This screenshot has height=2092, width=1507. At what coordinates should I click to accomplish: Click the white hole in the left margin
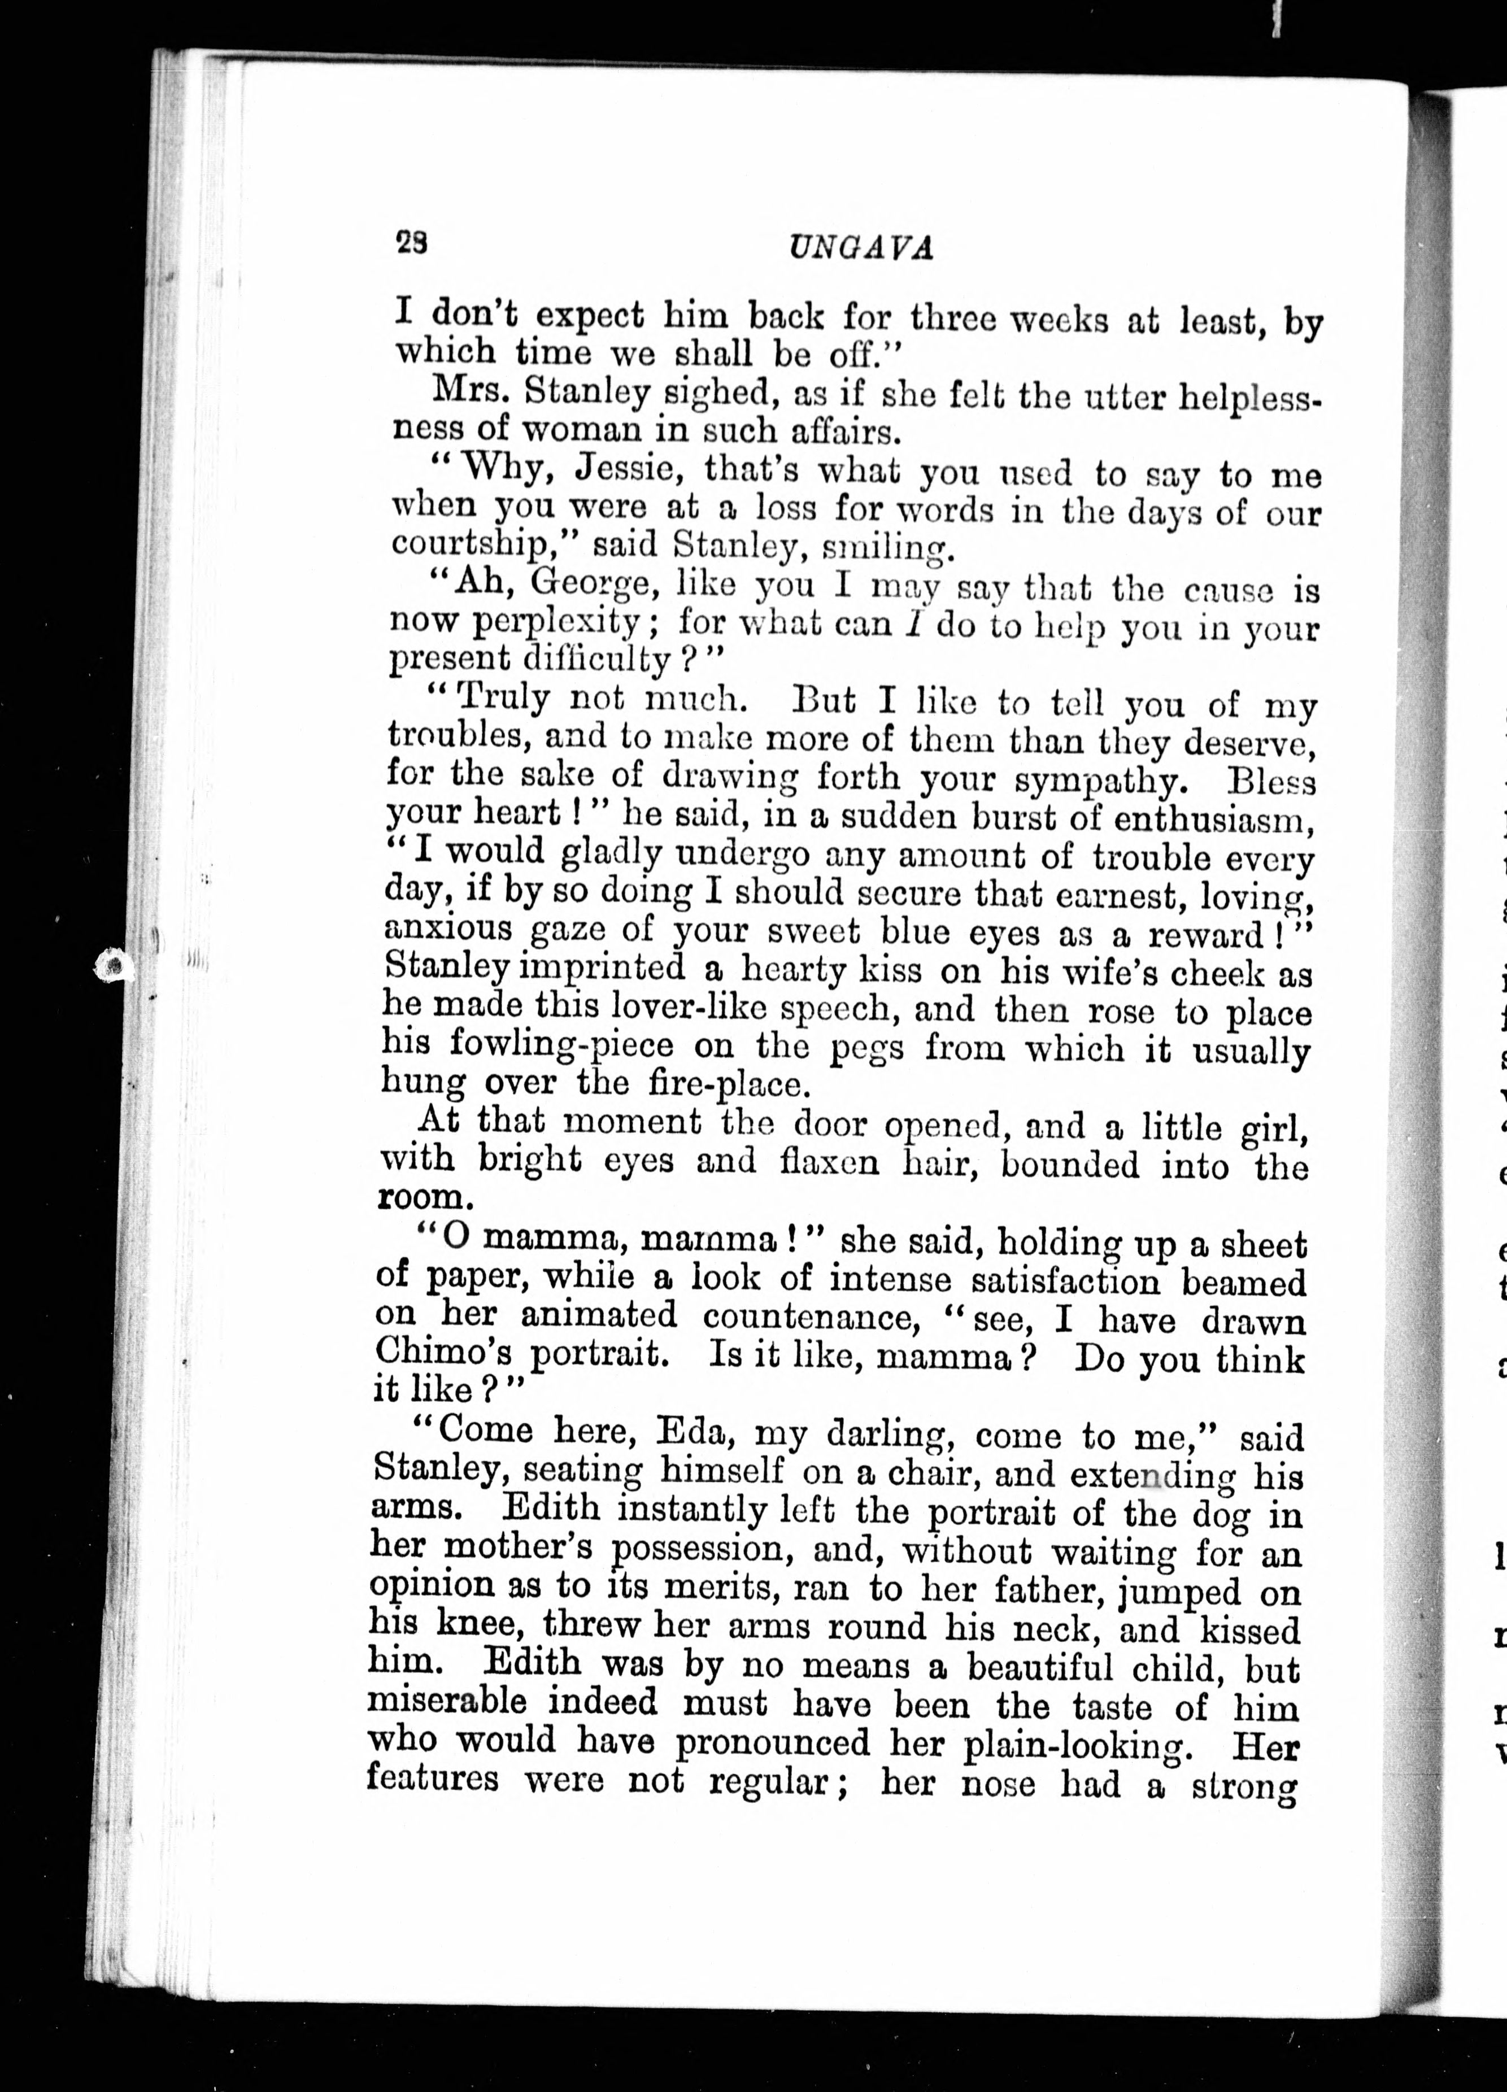114,967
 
